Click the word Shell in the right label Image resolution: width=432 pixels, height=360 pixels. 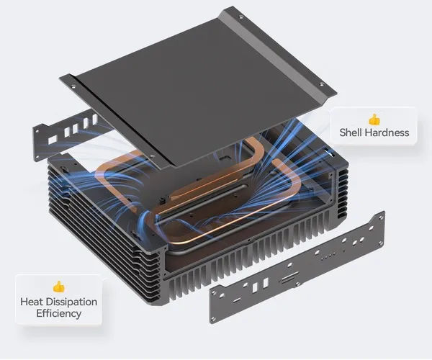click(351, 132)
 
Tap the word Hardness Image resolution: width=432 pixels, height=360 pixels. click(387, 132)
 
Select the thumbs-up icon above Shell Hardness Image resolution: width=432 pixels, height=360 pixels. click(374, 120)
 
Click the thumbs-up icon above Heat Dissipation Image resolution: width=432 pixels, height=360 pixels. click(59, 287)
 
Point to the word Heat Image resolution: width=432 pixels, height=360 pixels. click(31, 302)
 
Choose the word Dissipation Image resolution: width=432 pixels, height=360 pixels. click(71, 302)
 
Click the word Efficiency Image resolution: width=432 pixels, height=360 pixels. click(59, 314)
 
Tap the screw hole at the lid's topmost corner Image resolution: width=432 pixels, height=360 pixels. click(240, 17)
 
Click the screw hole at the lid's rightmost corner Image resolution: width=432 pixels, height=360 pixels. click(321, 84)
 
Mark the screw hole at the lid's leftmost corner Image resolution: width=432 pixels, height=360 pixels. click(73, 86)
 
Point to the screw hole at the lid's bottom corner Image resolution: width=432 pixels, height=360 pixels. click(152, 156)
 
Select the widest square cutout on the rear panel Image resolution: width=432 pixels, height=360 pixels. click(53, 140)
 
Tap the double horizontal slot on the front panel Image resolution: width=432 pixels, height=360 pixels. click(289, 276)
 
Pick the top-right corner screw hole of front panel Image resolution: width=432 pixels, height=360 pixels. click(381, 218)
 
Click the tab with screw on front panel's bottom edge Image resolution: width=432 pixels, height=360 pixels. click(297, 284)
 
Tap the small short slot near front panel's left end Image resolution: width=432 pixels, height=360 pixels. click(236, 300)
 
